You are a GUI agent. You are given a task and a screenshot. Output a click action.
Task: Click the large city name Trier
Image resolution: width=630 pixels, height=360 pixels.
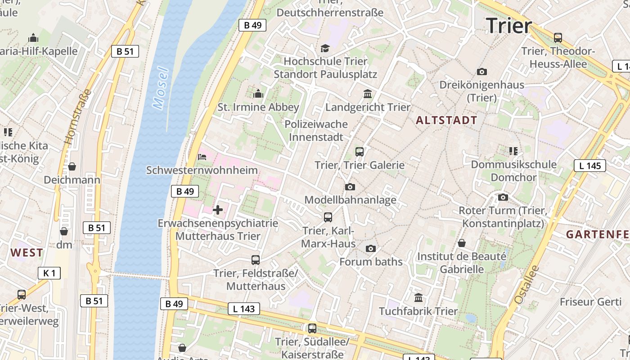tap(509, 26)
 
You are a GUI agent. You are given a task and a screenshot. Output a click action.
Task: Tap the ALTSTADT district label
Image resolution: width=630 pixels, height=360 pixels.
tap(446, 120)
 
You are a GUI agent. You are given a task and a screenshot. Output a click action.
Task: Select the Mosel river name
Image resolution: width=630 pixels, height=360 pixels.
tap(160, 89)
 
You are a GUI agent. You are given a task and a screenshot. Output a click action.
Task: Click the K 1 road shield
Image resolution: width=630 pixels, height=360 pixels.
tap(49, 273)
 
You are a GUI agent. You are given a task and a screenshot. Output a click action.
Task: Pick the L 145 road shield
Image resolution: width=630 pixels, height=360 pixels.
tap(590, 166)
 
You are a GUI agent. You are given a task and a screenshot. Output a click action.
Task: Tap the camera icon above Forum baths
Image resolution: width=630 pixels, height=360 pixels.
tap(370, 248)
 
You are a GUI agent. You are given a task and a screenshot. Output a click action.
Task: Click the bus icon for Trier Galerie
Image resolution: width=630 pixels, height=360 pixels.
tap(359, 152)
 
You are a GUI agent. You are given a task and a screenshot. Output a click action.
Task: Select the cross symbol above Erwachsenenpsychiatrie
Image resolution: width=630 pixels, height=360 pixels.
tap(218, 210)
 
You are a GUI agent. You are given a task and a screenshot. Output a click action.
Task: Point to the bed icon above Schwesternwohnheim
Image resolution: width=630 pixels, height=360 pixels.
tap(202, 157)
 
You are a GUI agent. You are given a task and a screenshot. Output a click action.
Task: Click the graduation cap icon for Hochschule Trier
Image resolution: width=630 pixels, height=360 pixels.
tap(325, 48)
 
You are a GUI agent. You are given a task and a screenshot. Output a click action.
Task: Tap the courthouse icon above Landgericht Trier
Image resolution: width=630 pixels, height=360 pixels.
tap(368, 94)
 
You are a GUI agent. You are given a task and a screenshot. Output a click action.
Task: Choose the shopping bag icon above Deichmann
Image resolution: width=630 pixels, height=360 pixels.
tap(72, 167)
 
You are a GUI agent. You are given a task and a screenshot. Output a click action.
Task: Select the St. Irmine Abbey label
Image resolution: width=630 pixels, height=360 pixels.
tap(258, 107)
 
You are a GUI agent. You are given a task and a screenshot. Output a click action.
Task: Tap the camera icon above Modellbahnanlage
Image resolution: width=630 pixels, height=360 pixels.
tap(350, 187)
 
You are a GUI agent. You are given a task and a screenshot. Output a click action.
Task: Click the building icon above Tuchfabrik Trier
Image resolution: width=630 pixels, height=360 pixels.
tap(418, 298)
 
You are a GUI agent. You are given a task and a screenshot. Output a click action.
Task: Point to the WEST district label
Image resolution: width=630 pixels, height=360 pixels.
tap(27, 252)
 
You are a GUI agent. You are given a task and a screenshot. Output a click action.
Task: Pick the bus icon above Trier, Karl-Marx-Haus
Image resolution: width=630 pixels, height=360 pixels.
tap(328, 217)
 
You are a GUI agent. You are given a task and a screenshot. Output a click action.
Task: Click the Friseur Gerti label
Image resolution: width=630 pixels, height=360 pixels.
tap(590, 301)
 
